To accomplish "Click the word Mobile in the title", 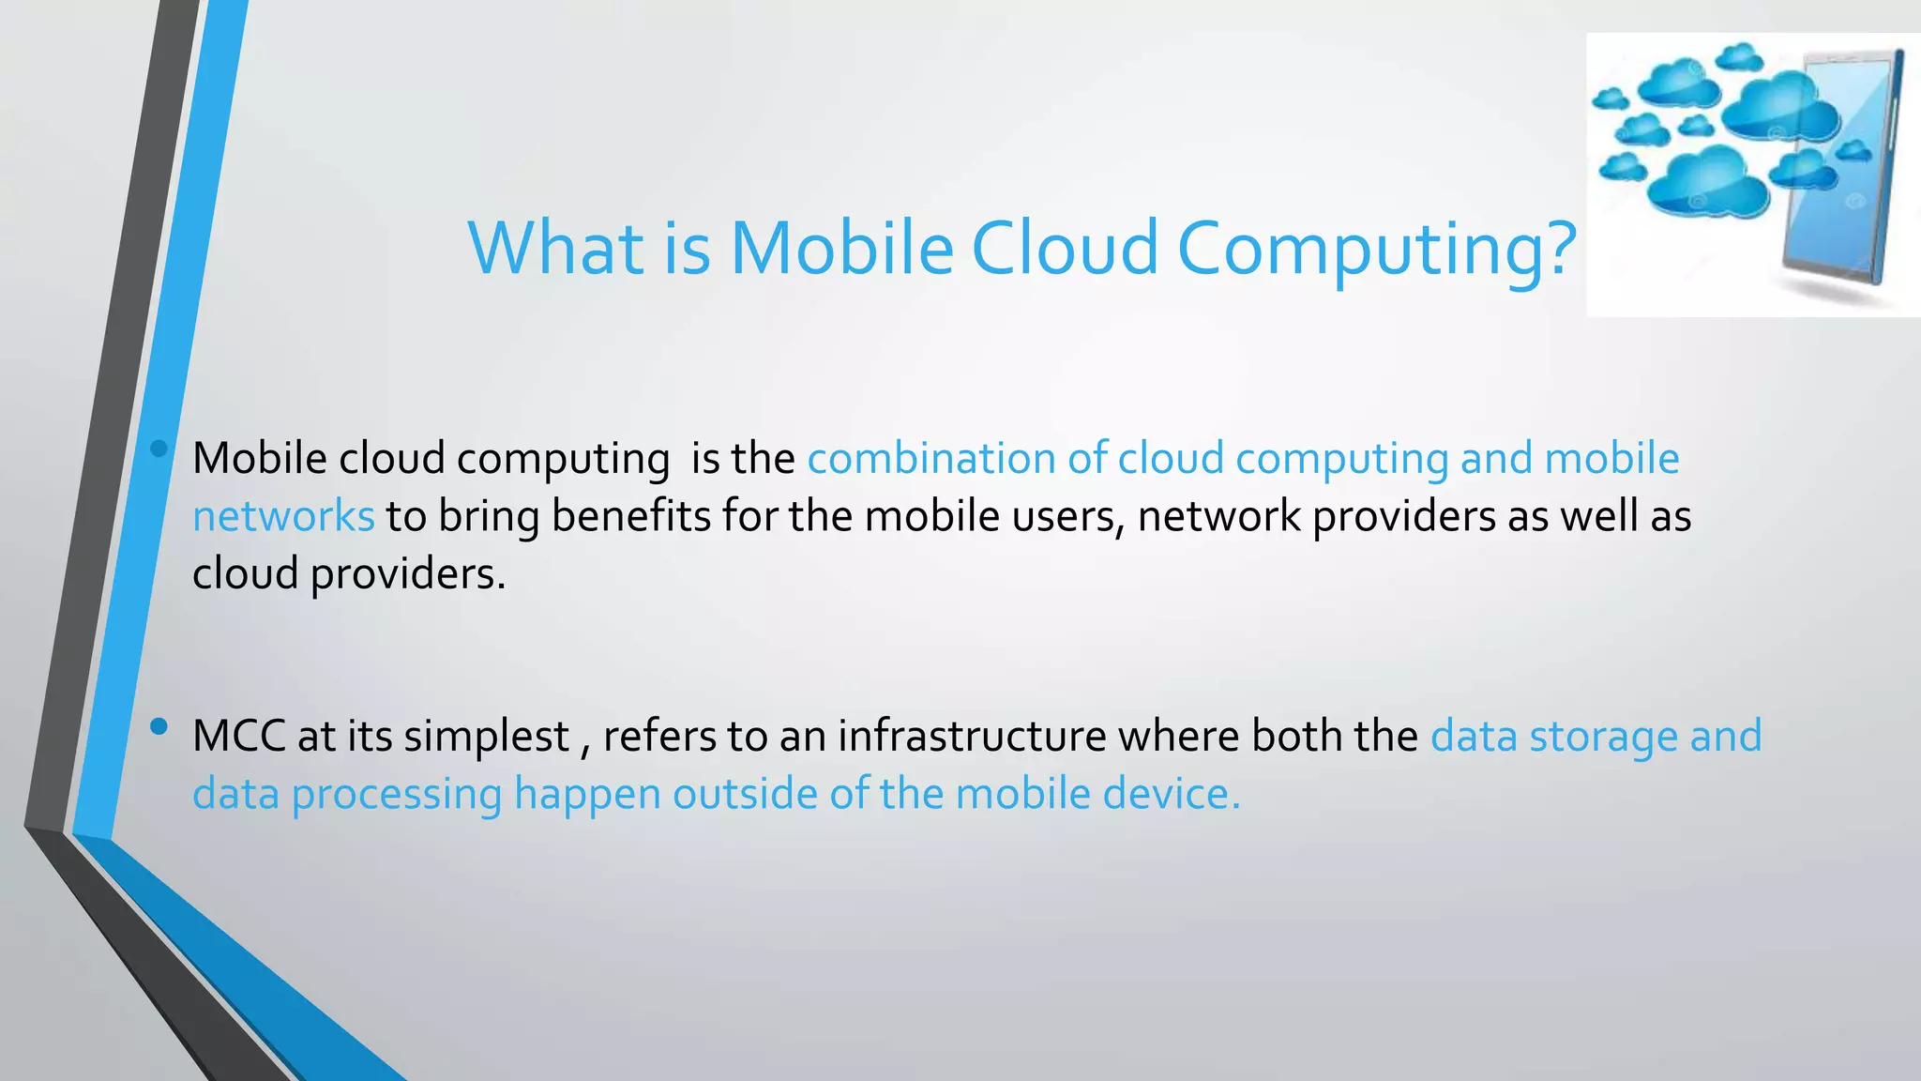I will coord(841,249).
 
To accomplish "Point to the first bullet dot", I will coord(159,449).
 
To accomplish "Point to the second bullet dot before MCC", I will coord(159,726).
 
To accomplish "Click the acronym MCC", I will coord(238,736).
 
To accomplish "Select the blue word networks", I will coord(283,517).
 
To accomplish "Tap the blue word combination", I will coord(930,459).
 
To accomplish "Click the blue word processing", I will coord(397,796).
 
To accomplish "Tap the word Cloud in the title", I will coord(1065,249).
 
